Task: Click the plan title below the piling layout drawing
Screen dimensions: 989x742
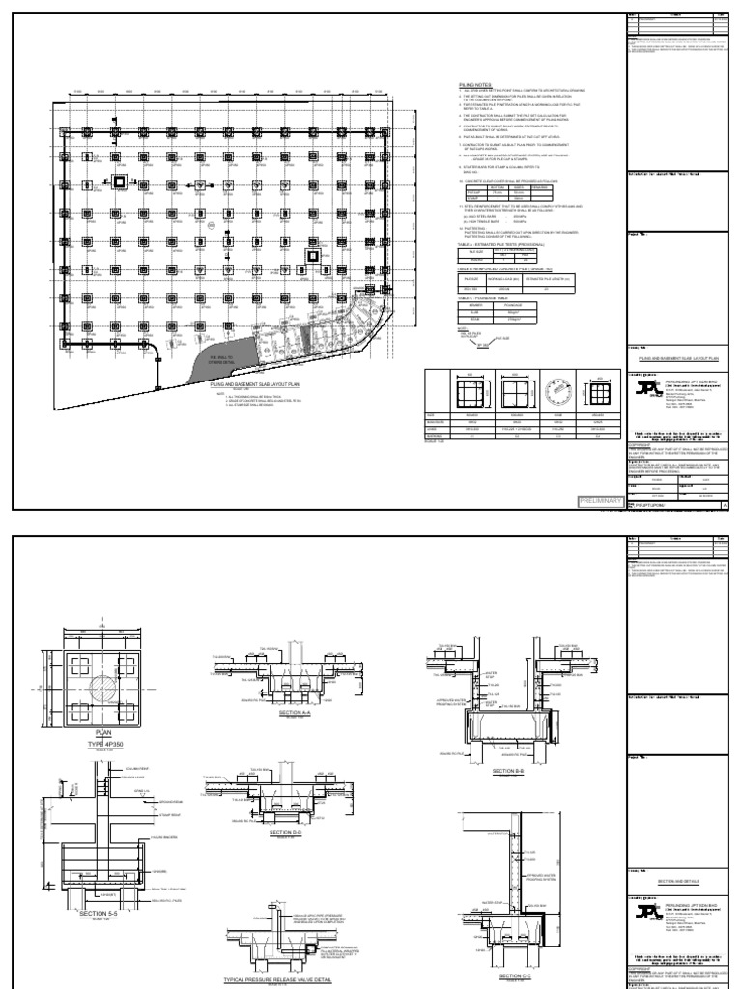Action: tap(250, 383)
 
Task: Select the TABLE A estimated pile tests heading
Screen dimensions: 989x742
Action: tap(495, 248)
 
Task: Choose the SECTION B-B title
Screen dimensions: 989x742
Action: tap(507, 770)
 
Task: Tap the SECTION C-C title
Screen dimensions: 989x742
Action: tap(518, 975)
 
